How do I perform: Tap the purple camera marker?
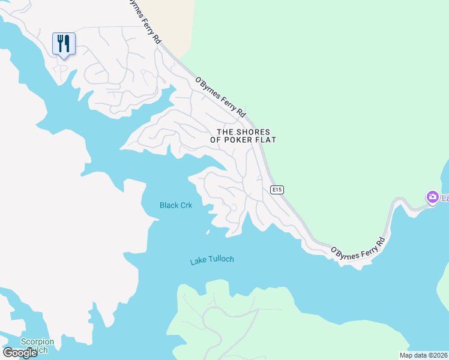click(432, 197)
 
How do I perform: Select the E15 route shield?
click(277, 190)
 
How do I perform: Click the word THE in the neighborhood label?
click(225, 132)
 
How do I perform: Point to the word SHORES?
click(254, 132)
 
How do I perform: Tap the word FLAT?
click(267, 140)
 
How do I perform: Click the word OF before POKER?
click(216, 140)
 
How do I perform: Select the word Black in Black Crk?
click(168, 205)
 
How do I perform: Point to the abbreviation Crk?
click(185, 205)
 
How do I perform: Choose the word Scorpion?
click(37, 342)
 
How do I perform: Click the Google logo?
click(20, 353)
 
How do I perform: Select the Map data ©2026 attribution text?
click(423, 355)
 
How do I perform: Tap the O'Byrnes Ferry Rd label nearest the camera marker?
click(358, 248)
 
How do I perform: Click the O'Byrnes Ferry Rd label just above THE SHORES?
click(220, 97)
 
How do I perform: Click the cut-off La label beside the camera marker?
click(445, 198)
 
